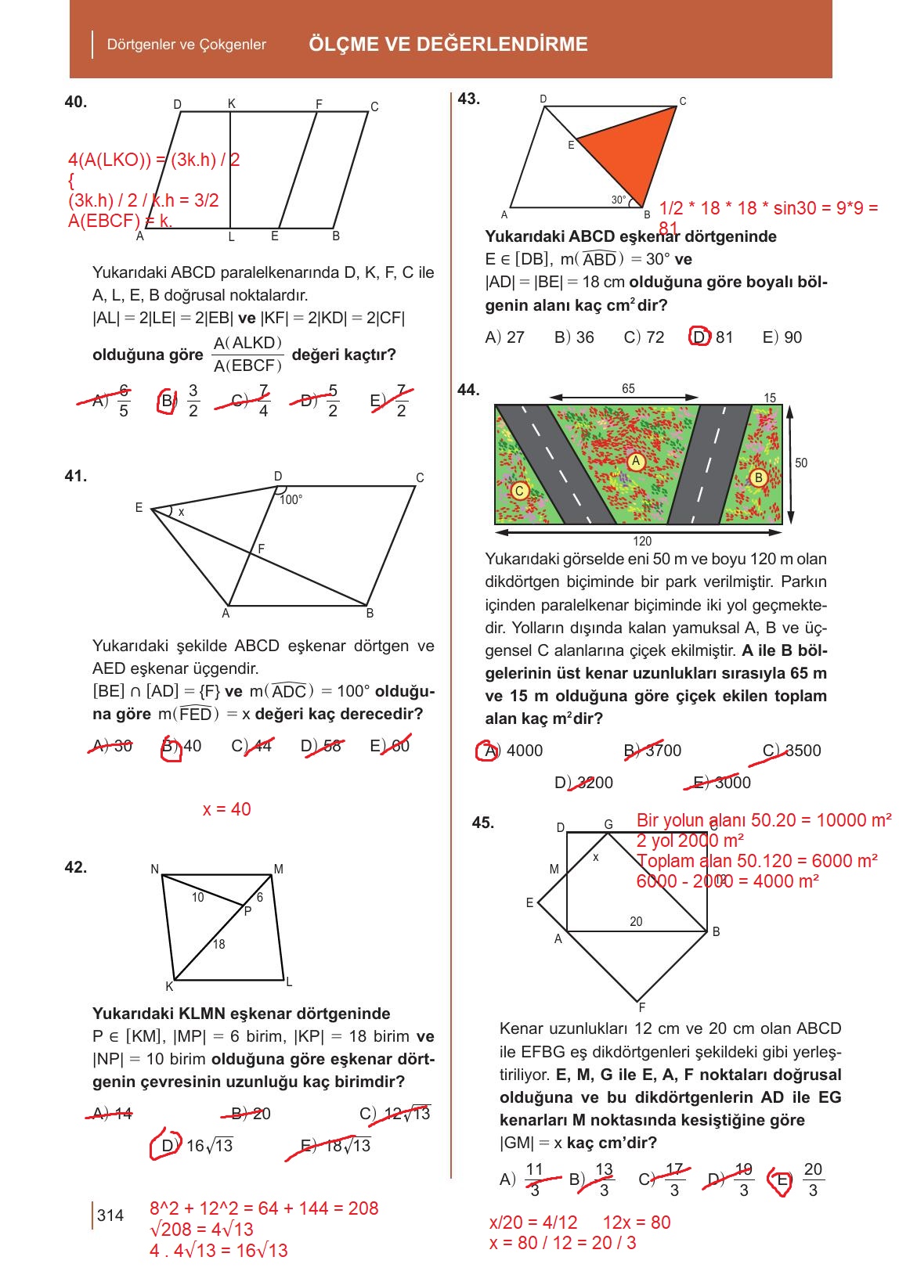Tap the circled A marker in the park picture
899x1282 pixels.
click(636, 461)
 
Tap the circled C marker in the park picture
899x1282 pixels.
click(519, 491)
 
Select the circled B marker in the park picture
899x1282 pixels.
click(757, 477)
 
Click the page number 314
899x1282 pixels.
click(110, 1215)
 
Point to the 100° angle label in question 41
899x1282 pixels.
click(291, 499)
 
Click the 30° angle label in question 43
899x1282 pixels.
click(619, 200)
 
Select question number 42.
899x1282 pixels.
click(76, 867)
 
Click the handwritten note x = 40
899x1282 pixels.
click(226, 809)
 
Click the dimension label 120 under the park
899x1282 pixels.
click(642, 541)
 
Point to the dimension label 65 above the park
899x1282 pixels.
click(628, 389)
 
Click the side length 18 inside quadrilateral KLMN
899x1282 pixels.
click(218, 944)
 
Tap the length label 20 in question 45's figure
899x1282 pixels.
click(636, 922)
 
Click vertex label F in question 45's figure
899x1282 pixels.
click(642, 1007)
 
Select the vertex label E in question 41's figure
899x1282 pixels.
click(139, 508)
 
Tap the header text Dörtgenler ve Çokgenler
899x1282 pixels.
click(186, 45)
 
